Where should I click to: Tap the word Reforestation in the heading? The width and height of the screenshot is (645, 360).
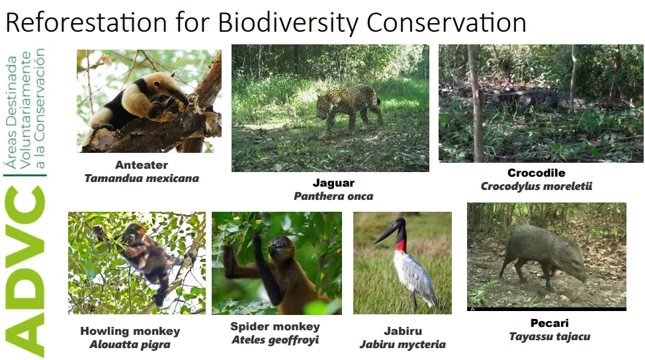click(87, 22)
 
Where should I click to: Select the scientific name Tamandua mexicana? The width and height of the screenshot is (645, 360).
click(142, 179)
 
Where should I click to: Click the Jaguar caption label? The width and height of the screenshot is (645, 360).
click(333, 183)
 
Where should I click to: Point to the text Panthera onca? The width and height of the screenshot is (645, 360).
click(333, 197)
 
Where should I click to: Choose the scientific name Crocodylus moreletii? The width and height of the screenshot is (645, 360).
click(537, 187)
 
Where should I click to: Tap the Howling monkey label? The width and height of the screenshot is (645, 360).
click(130, 331)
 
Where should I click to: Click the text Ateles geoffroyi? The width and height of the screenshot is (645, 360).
click(275, 340)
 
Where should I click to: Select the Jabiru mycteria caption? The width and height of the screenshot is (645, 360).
click(403, 344)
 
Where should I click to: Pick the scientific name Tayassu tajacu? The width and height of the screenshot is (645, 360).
click(550, 337)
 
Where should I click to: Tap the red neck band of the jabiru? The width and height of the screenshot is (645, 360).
click(402, 246)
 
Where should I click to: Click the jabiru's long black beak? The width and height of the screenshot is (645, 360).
click(386, 233)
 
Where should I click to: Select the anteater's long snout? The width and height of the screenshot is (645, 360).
click(179, 96)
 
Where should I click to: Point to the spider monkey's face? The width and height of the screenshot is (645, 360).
click(275, 246)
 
